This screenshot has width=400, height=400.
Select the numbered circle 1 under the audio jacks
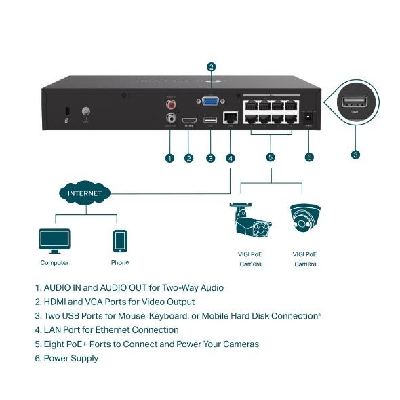point(169,157)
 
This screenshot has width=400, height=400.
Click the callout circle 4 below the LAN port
point(231,157)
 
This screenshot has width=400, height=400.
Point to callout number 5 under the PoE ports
point(271,157)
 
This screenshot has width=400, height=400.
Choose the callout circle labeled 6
point(310,157)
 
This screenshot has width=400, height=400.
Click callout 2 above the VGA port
point(211,66)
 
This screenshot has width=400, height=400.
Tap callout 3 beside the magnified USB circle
point(355,155)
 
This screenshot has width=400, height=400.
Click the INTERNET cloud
point(85,193)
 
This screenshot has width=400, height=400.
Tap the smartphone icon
point(119,240)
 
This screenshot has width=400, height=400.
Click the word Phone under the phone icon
point(119,262)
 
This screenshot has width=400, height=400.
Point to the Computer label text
point(54,262)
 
